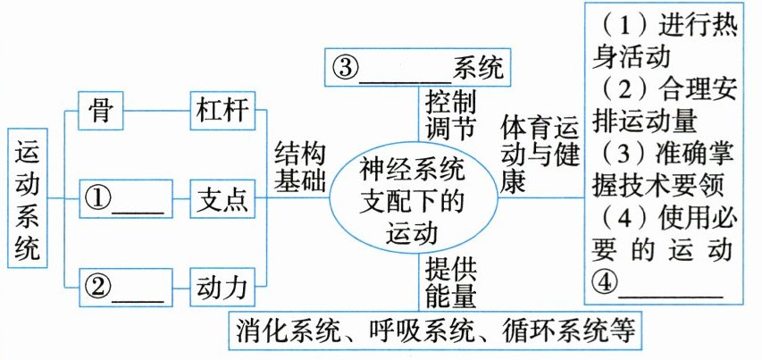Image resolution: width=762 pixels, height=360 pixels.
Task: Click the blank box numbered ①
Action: point(121,198)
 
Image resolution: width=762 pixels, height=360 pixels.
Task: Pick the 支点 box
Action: point(220,198)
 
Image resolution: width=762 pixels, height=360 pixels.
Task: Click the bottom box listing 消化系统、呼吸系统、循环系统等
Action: point(435,331)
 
